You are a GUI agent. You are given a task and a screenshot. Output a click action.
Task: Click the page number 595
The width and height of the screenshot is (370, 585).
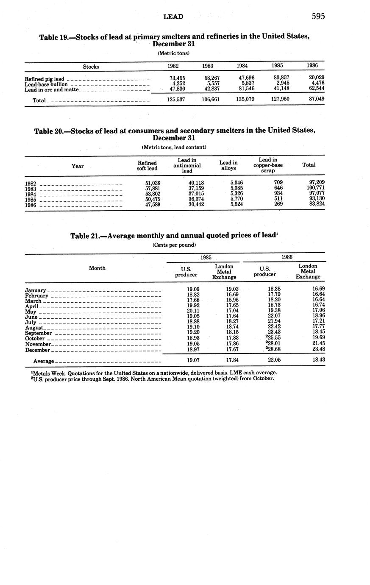pos(318,17)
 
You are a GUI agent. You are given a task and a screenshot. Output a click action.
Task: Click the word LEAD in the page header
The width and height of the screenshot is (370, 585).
pos(173,17)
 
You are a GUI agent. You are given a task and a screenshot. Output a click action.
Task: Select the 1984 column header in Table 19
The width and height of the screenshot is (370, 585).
pos(242,66)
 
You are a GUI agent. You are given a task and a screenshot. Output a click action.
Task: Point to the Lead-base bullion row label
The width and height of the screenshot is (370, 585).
pos(46,84)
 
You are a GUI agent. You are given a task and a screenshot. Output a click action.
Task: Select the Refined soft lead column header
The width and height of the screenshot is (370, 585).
pos(147,166)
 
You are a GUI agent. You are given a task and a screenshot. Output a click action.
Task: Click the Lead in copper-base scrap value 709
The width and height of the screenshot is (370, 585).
pos(278,182)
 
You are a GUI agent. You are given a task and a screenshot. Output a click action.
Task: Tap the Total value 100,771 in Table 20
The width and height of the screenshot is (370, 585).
pos(316,188)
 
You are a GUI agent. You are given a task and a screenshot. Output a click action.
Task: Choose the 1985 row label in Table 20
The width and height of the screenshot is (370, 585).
pos(31,200)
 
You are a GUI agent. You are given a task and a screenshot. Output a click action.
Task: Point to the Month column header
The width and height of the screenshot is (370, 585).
pos(97,268)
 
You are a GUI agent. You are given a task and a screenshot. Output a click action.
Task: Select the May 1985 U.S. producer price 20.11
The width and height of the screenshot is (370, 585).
pos(193,312)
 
